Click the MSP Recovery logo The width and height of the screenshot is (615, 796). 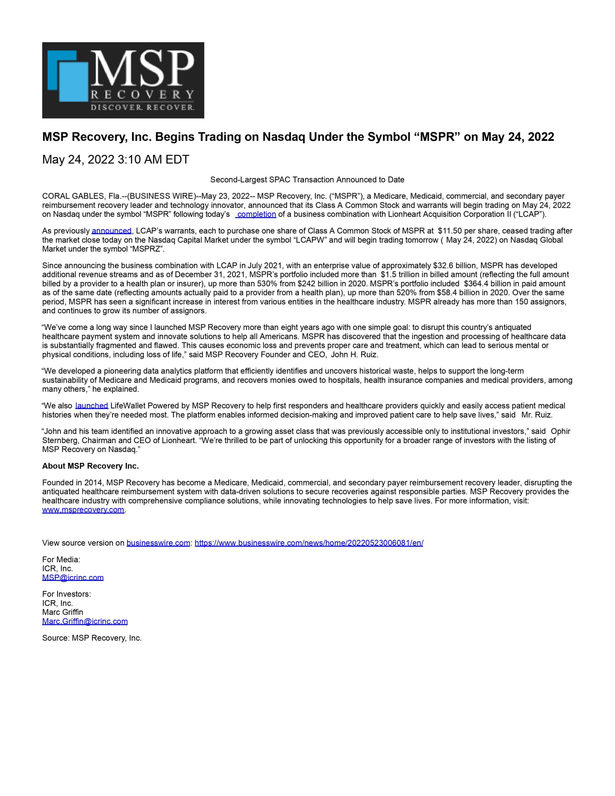[x=123, y=80]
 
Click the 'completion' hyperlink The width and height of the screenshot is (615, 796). [x=256, y=214]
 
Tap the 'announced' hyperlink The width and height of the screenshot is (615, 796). [x=111, y=231]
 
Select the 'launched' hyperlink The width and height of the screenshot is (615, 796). [x=91, y=406]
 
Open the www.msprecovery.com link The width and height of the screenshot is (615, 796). [x=83, y=510]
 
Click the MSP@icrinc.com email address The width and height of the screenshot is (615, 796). [x=72, y=577]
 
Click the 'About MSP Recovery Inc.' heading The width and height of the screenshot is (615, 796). [x=90, y=466]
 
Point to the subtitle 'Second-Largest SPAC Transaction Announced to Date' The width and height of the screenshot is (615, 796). [x=307, y=180]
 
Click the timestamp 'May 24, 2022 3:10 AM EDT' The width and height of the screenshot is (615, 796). [x=116, y=160]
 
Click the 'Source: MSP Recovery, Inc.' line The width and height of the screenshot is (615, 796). [x=91, y=638]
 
